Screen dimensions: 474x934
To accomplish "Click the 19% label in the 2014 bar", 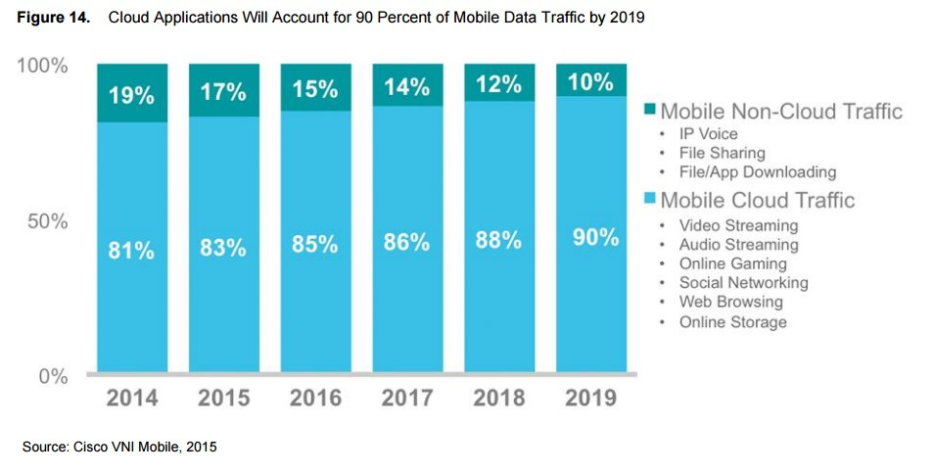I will point(131,95).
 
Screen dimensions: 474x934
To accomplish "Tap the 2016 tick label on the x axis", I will point(315,399).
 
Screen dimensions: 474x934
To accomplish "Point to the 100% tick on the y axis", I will point(42,67).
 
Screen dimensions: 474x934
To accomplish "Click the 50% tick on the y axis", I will point(46,221).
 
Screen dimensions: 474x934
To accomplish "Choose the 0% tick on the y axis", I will point(52,377).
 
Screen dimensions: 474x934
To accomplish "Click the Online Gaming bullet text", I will point(732,263).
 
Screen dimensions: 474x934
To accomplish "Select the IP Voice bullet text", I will point(708,133).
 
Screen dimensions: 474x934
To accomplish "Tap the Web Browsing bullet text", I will point(730,303).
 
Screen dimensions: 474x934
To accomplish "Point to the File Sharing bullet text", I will point(722,153).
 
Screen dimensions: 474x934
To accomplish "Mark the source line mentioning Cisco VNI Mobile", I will point(118,447).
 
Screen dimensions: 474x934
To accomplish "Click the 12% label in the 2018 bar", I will point(500,85).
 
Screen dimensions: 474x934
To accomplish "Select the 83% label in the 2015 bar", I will point(223,248).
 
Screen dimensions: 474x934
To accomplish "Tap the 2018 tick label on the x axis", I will point(499,399).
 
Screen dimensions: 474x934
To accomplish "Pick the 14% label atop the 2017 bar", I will point(406,87).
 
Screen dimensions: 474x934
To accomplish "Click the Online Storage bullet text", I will point(732,322).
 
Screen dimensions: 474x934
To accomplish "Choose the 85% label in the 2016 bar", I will point(315,243).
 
